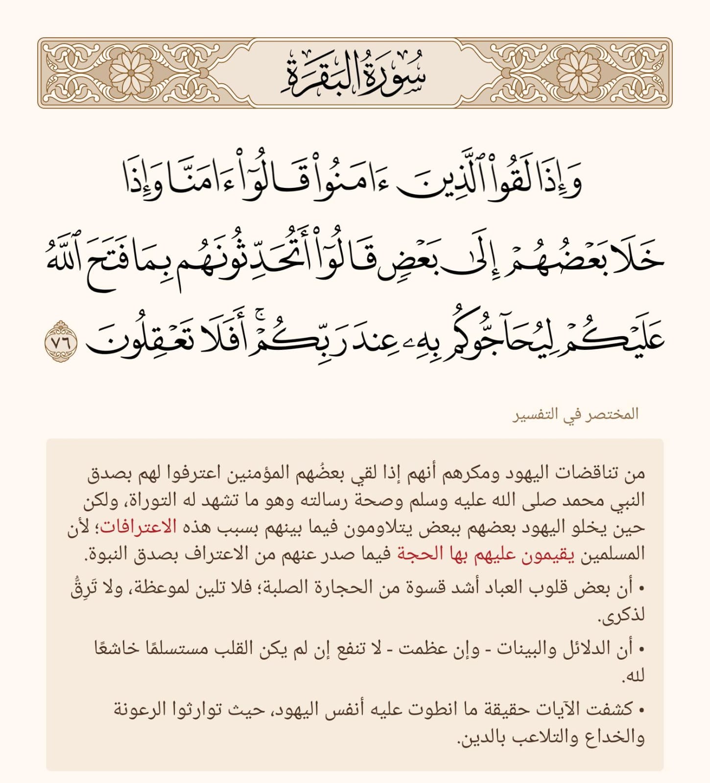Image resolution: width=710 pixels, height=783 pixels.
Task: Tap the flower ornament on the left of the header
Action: pyautogui.click(x=131, y=72)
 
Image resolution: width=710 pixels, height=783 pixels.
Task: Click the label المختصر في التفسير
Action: pyautogui.click(x=576, y=415)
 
